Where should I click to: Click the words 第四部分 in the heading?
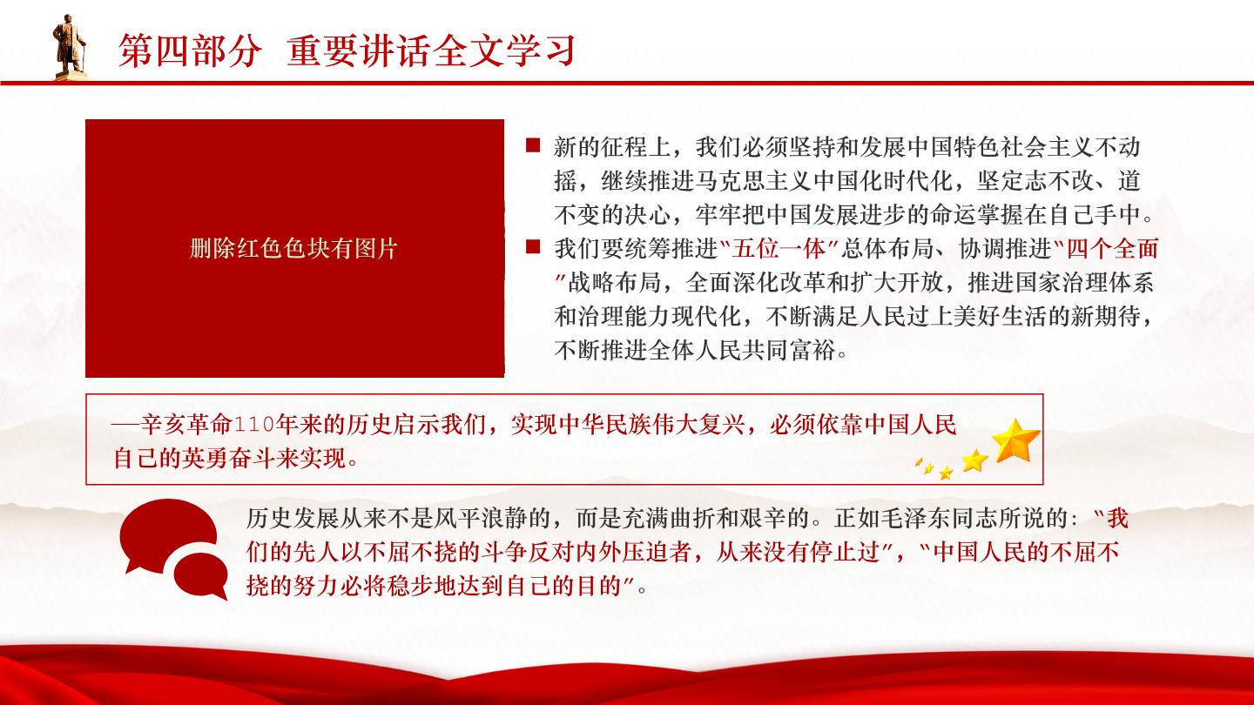click(x=191, y=51)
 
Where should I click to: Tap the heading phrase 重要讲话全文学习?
click(x=432, y=51)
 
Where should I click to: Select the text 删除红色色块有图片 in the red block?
click(x=294, y=248)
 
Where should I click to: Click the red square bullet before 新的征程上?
click(x=533, y=145)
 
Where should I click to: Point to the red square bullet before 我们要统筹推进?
click(x=533, y=247)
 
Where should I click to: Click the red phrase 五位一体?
click(x=779, y=248)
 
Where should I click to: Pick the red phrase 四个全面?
click(x=1112, y=248)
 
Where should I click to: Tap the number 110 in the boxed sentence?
click(x=254, y=426)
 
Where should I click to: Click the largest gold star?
click(x=1015, y=441)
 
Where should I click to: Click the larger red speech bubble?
click(x=167, y=535)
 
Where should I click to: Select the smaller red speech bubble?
click(x=201, y=576)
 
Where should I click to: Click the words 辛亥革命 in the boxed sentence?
click(x=185, y=426)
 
